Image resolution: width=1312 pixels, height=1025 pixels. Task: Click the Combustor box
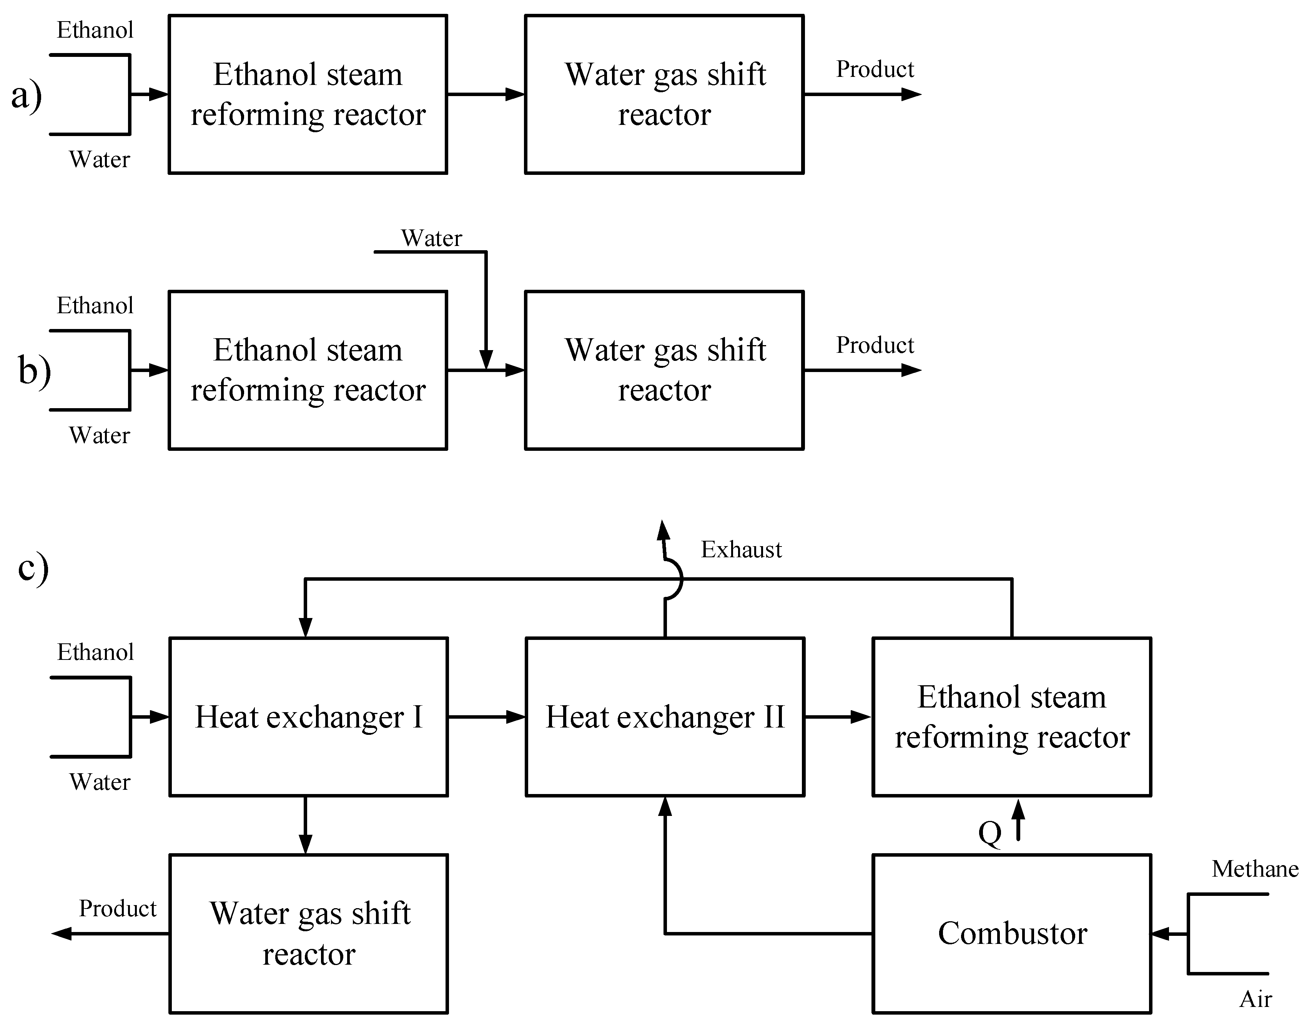coord(1012,934)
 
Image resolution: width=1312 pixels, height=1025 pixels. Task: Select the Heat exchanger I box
coord(308,717)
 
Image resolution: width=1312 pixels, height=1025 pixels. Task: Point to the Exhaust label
coord(741,550)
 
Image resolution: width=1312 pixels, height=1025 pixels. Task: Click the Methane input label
coord(1254,869)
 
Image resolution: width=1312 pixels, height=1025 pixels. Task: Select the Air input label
coord(1255,999)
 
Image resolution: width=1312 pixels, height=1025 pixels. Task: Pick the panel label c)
coord(33,567)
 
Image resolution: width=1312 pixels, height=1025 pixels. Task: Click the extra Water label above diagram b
coord(431,238)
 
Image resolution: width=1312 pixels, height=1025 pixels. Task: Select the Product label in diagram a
coord(875,70)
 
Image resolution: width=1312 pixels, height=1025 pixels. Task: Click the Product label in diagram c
coord(118,909)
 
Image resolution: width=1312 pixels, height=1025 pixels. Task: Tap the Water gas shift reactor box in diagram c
coord(308,934)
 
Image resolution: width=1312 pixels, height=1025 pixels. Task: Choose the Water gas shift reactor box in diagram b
coord(664,370)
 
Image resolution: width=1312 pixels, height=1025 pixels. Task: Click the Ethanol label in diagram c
coord(95,652)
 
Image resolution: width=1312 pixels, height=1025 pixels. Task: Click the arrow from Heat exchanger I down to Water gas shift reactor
coord(305,826)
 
